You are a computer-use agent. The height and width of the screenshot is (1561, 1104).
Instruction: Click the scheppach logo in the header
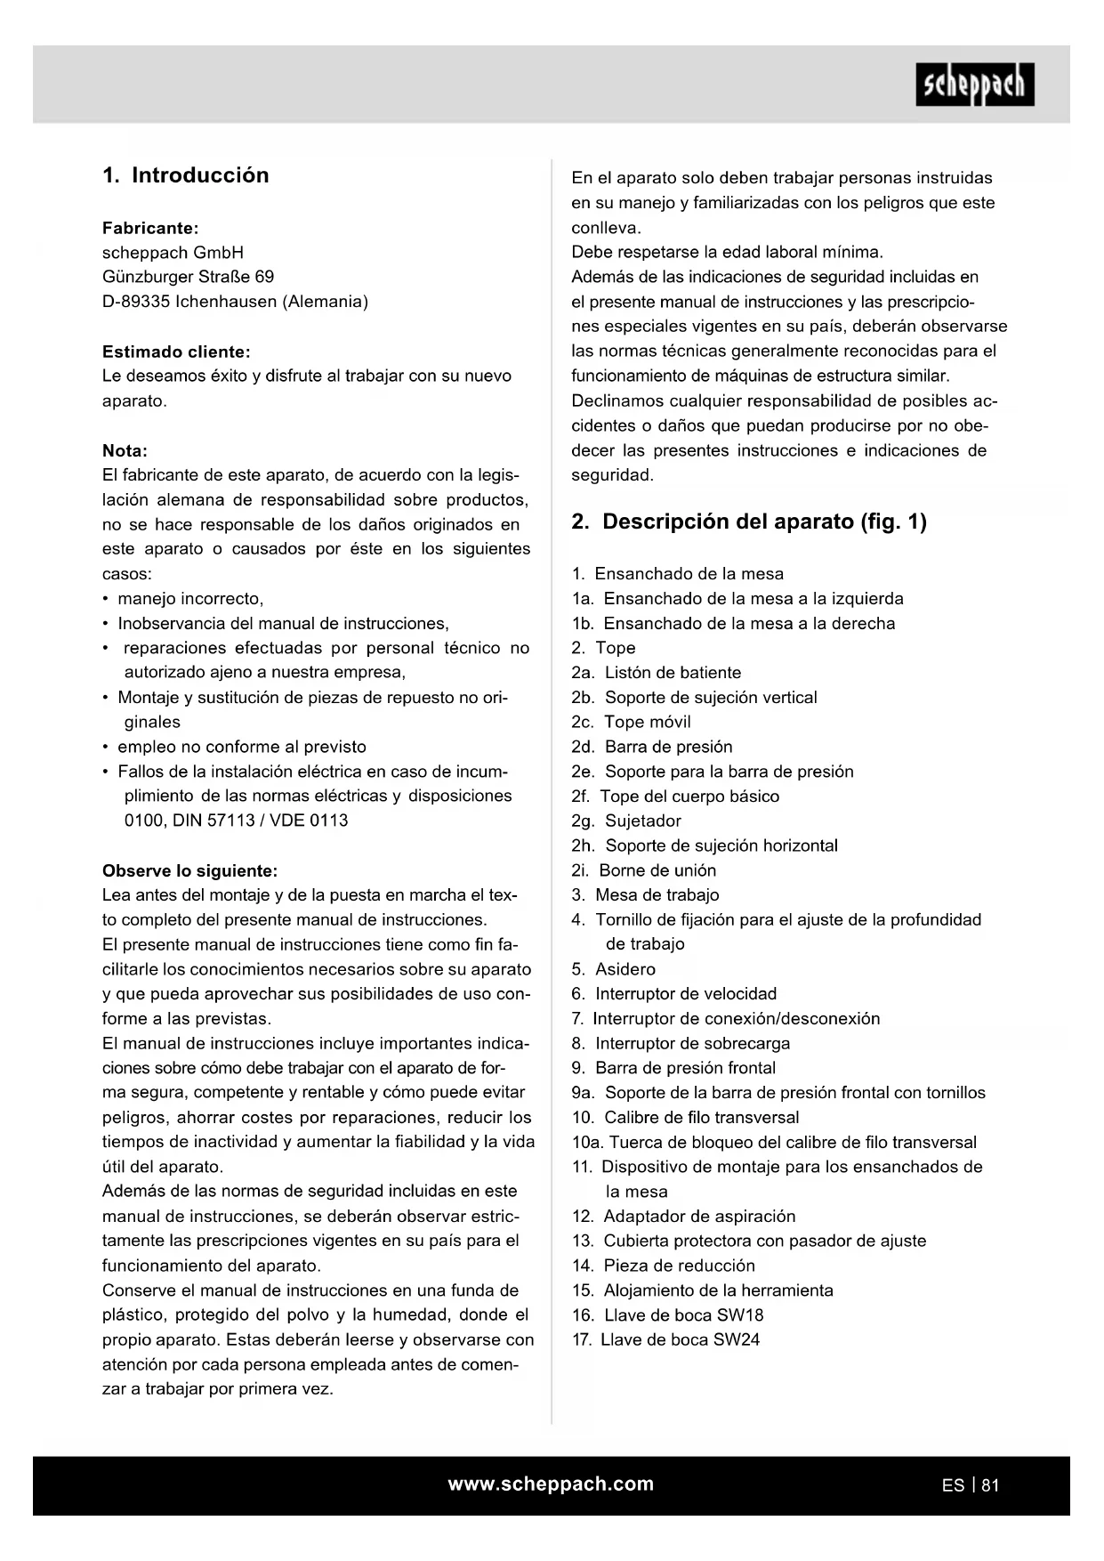[x=974, y=85]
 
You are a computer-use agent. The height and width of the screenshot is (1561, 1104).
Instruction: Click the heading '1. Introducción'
[x=185, y=175]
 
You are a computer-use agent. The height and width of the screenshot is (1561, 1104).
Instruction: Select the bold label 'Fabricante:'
[x=150, y=228]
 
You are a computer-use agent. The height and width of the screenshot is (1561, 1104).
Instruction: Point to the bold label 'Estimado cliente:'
[x=176, y=352]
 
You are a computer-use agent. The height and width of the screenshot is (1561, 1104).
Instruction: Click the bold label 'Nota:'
[x=125, y=450]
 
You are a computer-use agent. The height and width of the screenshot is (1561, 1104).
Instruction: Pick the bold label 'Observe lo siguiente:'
[x=189, y=870]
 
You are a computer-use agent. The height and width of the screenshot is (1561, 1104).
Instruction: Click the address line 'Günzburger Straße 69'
[x=188, y=277]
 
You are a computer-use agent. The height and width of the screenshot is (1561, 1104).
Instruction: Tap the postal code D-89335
[x=136, y=302]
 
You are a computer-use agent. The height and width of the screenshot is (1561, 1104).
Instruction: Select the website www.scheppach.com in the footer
[x=551, y=1484]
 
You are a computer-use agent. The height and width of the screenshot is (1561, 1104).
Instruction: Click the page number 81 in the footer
[x=990, y=1485]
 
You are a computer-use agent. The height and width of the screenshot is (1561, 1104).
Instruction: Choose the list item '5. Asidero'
[x=613, y=969]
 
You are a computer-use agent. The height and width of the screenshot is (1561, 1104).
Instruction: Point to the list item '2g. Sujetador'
[x=626, y=821]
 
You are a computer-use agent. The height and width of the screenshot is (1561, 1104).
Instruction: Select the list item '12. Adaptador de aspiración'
[x=683, y=1216]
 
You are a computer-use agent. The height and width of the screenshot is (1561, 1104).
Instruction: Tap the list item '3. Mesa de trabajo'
[x=645, y=894]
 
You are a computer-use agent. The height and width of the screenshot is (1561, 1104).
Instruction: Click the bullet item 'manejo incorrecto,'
[x=190, y=598]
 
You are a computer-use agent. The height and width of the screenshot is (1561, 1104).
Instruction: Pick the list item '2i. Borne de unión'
[x=643, y=870]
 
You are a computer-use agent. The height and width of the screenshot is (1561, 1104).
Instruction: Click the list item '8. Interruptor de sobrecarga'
[x=681, y=1043]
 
